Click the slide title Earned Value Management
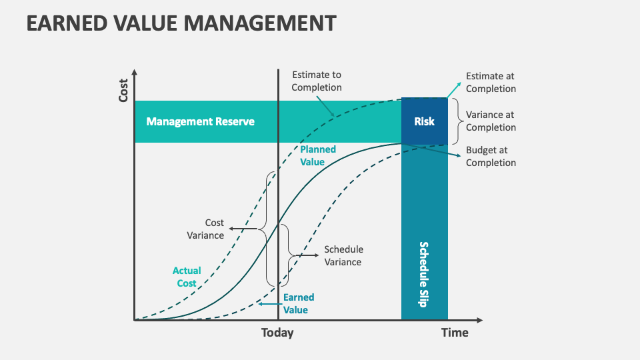click(181, 23)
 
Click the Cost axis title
click(123, 91)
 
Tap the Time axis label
click(455, 333)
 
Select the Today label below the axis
click(277, 333)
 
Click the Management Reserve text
click(201, 121)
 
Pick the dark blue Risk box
click(425, 121)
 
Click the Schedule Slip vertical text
click(424, 274)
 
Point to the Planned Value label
click(318, 155)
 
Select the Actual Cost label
click(187, 277)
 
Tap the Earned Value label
click(299, 304)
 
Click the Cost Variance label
click(205, 229)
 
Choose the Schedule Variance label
click(344, 255)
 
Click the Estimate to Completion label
click(317, 81)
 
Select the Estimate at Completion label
click(491, 82)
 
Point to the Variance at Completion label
click(491, 121)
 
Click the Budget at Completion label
click(491, 156)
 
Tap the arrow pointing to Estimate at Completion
click(454, 90)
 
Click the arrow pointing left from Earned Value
click(269, 304)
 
